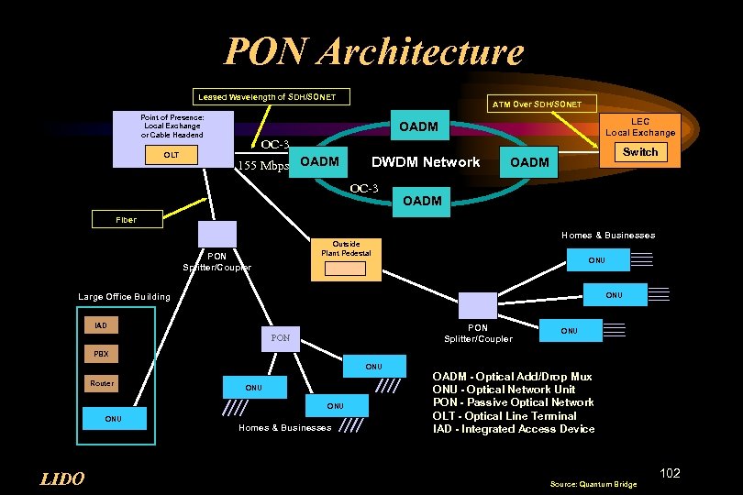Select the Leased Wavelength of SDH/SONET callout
(x=267, y=97)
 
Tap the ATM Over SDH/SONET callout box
(x=543, y=104)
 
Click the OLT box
(x=172, y=154)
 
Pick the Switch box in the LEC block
(x=639, y=152)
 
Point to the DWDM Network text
(x=425, y=162)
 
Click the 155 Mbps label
(x=262, y=166)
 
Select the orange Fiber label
(x=126, y=219)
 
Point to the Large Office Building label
(x=124, y=296)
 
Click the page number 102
(x=670, y=473)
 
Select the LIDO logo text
(x=63, y=479)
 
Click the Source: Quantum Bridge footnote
(x=593, y=483)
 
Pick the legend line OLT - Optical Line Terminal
(x=505, y=415)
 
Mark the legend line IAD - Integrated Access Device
(x=513, y=429)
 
